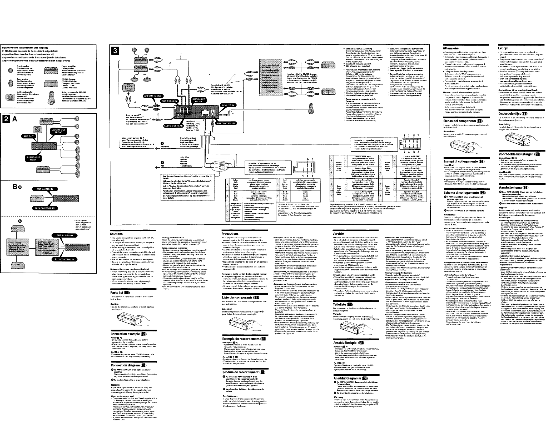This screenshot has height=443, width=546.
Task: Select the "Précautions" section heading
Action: [x=230, y=234]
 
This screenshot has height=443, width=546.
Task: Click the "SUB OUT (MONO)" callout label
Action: [x=153, y=96]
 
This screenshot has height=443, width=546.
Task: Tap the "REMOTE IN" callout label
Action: [x=228, y=105]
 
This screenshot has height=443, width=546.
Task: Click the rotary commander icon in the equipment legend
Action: [x=52, y=97]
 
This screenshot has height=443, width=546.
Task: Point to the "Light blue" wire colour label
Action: [x=184, y=157]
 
